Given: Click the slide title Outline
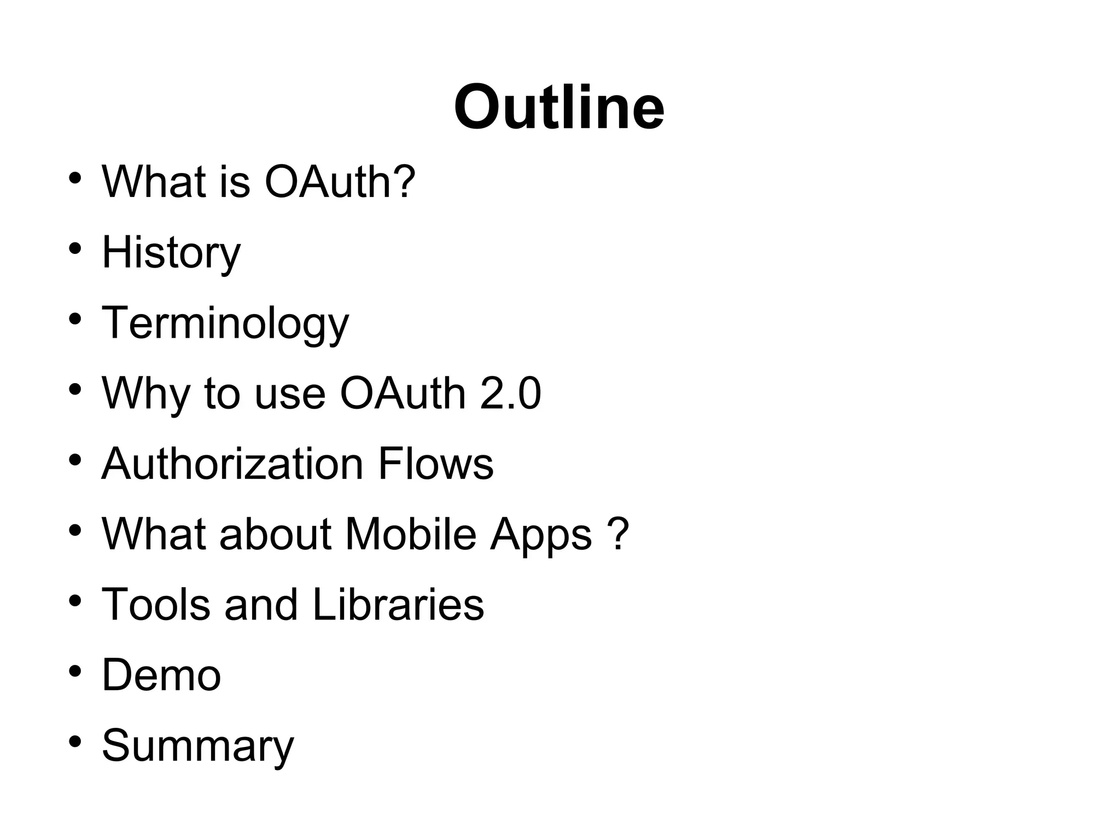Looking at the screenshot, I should click(559, 107).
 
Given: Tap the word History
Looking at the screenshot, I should click(171, 253).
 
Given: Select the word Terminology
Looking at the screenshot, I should click(225, 323).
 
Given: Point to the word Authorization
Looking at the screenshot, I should click(232, 464).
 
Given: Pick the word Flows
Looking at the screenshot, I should click(435, 464).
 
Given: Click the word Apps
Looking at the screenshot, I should click(540, 535).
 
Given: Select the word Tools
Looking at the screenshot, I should click(156, 604).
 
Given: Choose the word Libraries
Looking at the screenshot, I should click(398, 604).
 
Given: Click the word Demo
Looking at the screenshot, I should click(161, 675).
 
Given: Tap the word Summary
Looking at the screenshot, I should click(197, 746).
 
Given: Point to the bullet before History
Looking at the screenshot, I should click(75, 249).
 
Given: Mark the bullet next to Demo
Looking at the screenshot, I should click(75, 671).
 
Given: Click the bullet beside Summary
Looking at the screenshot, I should click(75, 741).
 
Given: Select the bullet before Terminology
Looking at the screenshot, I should click(75, 319).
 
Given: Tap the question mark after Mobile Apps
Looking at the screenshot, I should click(618, 534).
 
